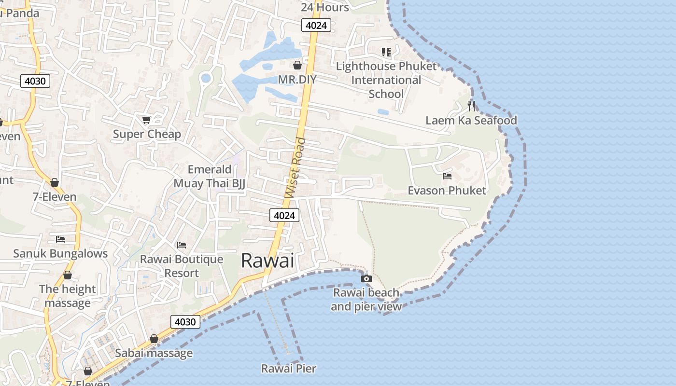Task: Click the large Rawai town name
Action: point(267,261)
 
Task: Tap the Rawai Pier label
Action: point(288,369)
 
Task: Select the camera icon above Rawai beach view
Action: point(366,278)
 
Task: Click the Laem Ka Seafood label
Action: point(471,120)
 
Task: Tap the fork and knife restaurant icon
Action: point(471,106)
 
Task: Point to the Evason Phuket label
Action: point(447,191)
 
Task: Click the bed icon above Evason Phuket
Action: point(447,176)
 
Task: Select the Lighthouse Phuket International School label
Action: point(386,80)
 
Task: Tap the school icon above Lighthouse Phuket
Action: point(386,52)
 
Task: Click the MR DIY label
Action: point(297,79)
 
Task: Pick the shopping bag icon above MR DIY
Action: point(297,65)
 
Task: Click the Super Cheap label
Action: point(147,134)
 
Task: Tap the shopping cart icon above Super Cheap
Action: point(146,120)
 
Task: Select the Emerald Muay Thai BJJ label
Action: point(210,176)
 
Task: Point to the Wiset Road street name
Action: point(296,168)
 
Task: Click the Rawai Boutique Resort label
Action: point(182,266)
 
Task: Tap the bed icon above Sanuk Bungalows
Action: point(60,239)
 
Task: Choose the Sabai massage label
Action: point(154,353)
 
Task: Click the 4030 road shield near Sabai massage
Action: point(185,322)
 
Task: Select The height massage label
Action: point(68,296)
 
